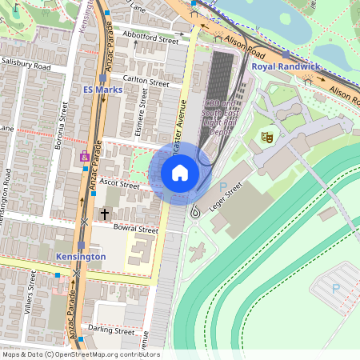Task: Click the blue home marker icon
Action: (180, 172)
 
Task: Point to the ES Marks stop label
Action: (103, 90)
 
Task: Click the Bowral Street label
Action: (135, 230)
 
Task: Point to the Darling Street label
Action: (111, 330)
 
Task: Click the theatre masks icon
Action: (267, 137)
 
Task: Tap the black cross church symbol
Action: (105, 214)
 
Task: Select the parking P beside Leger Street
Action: (223, 186)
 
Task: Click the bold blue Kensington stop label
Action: (81, 256)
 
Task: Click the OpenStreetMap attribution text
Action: (81, 354)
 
